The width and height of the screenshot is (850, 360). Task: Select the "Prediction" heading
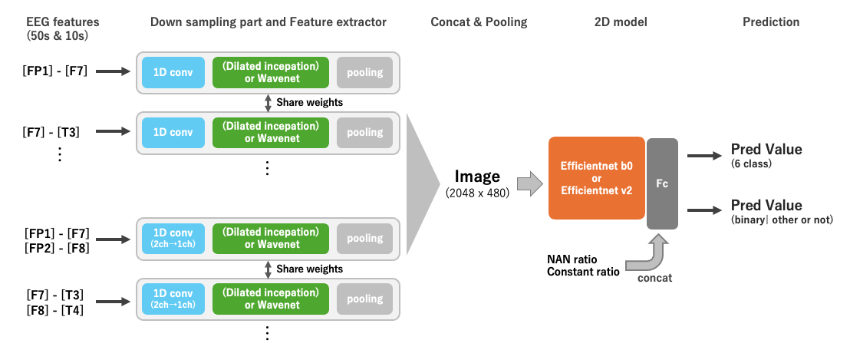tap(771, 22)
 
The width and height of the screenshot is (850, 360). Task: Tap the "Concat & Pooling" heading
tap(479, 22)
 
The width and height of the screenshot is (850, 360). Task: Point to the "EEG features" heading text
tap(63, 22)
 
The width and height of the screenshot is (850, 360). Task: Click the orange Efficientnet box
tap(597, 178)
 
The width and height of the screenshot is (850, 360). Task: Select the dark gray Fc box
tap(662, 183)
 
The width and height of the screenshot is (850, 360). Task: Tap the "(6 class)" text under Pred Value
tap(751, 163)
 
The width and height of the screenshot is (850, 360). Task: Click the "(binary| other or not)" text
tap(782, 220)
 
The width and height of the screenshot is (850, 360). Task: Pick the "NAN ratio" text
tap(572, 259)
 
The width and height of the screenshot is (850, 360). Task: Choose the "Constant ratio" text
tap(583, 272)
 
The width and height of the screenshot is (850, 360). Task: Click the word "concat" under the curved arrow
tap(654, 278)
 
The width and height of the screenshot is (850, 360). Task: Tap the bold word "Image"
tap(477, 177)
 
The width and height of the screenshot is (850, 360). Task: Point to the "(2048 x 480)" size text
tap(477, 193)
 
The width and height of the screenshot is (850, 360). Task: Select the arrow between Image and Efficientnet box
tap(529, 183)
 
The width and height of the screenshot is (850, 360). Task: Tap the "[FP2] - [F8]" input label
tap(57, 248)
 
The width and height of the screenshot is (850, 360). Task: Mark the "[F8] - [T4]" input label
tap(54, 311)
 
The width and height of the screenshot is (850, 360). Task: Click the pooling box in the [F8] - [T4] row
tap(365, 299)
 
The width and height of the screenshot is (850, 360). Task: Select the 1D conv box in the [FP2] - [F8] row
tap(173, 239)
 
